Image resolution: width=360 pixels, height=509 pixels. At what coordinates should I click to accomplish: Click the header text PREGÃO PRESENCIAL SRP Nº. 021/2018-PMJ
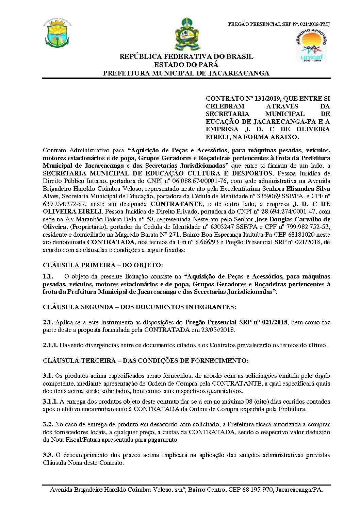pos(274,24)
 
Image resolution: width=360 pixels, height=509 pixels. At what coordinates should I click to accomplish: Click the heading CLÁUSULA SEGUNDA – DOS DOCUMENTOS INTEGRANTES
pos(139,307)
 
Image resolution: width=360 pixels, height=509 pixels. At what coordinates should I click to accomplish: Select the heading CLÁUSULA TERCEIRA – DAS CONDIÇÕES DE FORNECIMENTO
pos(146,360)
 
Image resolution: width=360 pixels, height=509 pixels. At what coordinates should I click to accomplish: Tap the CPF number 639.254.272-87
pos(60,204)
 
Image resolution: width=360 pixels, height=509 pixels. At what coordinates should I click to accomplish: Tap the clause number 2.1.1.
pos(50,345)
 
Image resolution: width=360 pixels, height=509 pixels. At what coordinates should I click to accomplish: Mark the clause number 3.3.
pos(48,455)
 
